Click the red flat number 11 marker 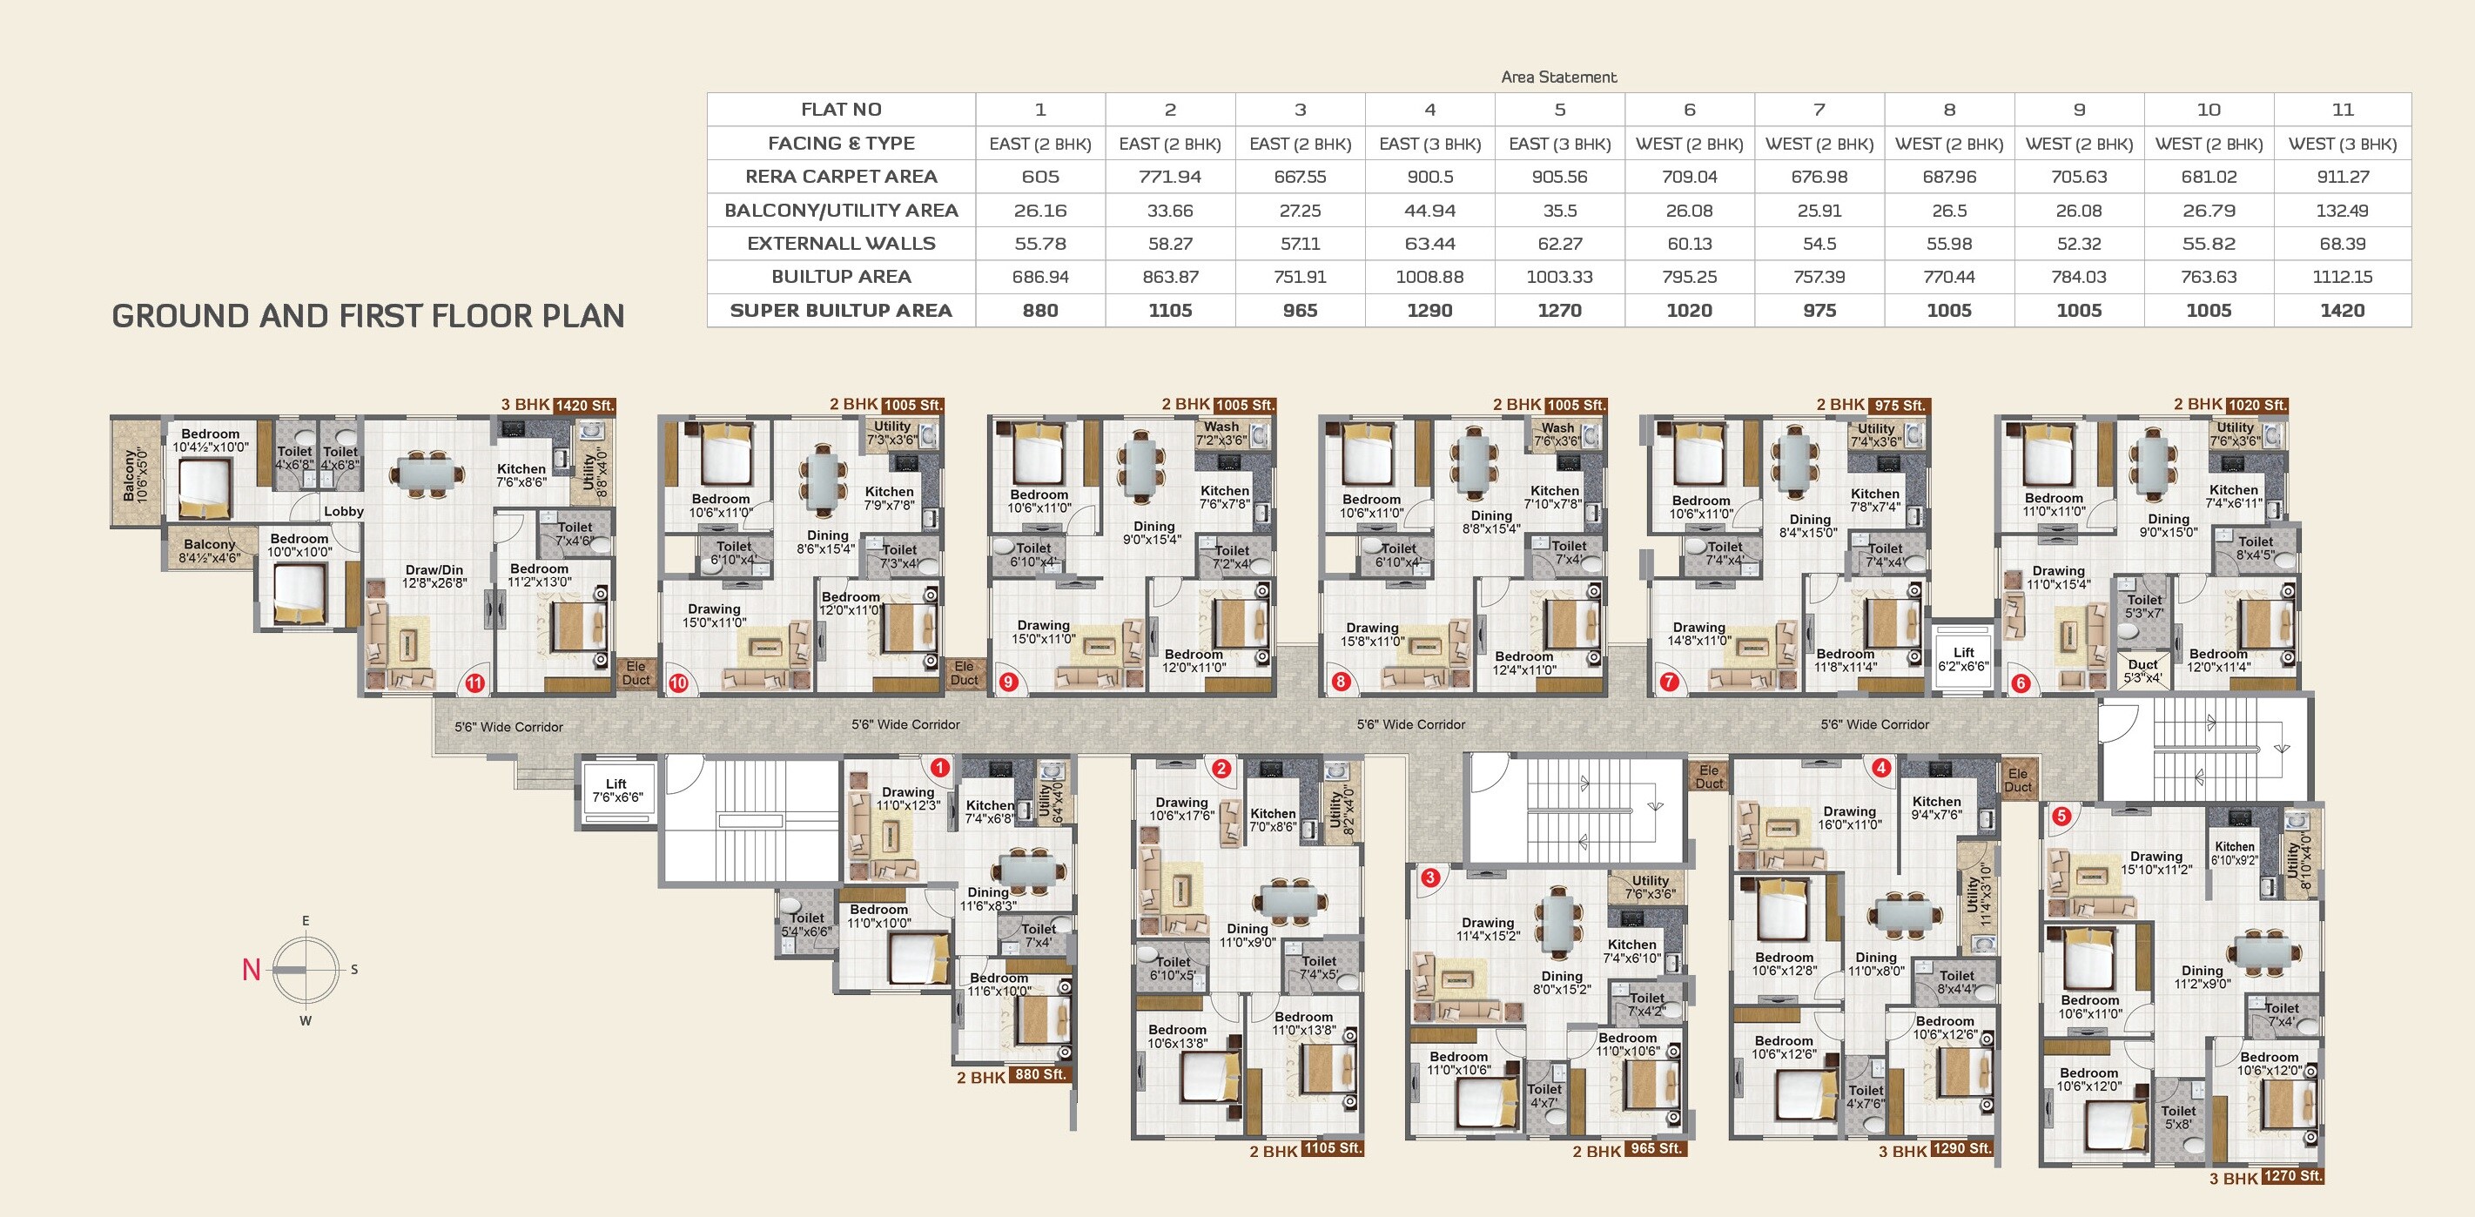pos(474,683)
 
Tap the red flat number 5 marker pos(2061,817)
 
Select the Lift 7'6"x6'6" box pos(618,790)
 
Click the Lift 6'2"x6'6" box pos(1963,659)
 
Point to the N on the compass pos(252,970)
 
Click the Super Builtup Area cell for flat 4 pos(1429,310)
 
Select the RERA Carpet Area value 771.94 pos(1170,177)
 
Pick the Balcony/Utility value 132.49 pos(2343,211)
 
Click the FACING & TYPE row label pos(841,143)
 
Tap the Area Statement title pos(1558,77)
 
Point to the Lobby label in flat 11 pos(343,511)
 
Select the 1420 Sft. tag pos(584,406)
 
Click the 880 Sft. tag pos(1040,1075)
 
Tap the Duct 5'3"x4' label pos(2142,670)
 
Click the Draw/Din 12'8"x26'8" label pos(434,576)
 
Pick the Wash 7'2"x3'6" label pos(1221,434)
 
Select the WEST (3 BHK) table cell pos(2343,143)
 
